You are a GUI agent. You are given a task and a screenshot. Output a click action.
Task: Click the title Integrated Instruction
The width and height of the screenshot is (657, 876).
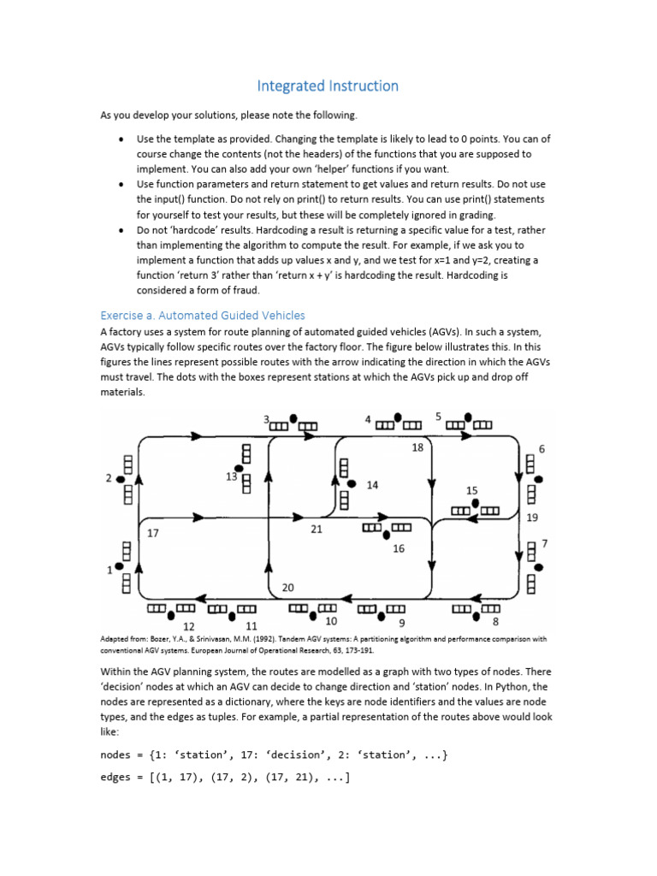328,86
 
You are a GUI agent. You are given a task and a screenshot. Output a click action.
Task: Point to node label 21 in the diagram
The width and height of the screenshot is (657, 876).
317,530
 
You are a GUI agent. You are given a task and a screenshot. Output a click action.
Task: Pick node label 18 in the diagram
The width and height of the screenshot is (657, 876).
417,447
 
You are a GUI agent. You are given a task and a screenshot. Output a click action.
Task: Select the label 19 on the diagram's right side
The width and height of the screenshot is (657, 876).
532,517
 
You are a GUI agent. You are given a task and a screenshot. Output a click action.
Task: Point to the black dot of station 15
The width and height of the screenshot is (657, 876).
475,502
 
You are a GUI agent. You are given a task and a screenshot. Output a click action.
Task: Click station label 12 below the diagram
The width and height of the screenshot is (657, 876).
189,626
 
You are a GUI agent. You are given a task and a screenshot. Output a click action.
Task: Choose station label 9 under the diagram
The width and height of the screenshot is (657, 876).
402,622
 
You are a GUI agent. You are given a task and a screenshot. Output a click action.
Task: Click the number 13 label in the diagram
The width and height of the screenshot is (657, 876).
232,476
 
